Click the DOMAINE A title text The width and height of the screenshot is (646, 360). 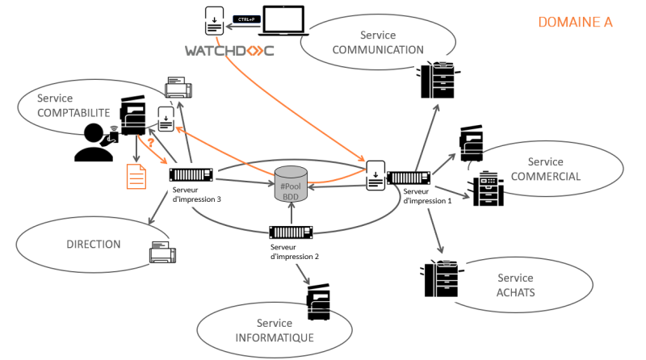pyautogui.click(x=576, y=23)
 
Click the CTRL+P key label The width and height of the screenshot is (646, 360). pyautogui.click(x=244, y=18)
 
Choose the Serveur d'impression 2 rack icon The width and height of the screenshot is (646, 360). pyautogui.click(x=292, y=232)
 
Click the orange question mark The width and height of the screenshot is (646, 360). pyautogui.click(x=150, y=143)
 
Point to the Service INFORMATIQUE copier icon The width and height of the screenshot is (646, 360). pyautogui.click(x=318, y=304)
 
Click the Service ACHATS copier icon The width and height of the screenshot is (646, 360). pyautogui.click(x=440, y=278)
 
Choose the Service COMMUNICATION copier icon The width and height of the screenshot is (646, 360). pyautogui.click(x=438, y=79)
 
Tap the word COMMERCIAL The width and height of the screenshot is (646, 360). pyautogui.click(x=546, y=177)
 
